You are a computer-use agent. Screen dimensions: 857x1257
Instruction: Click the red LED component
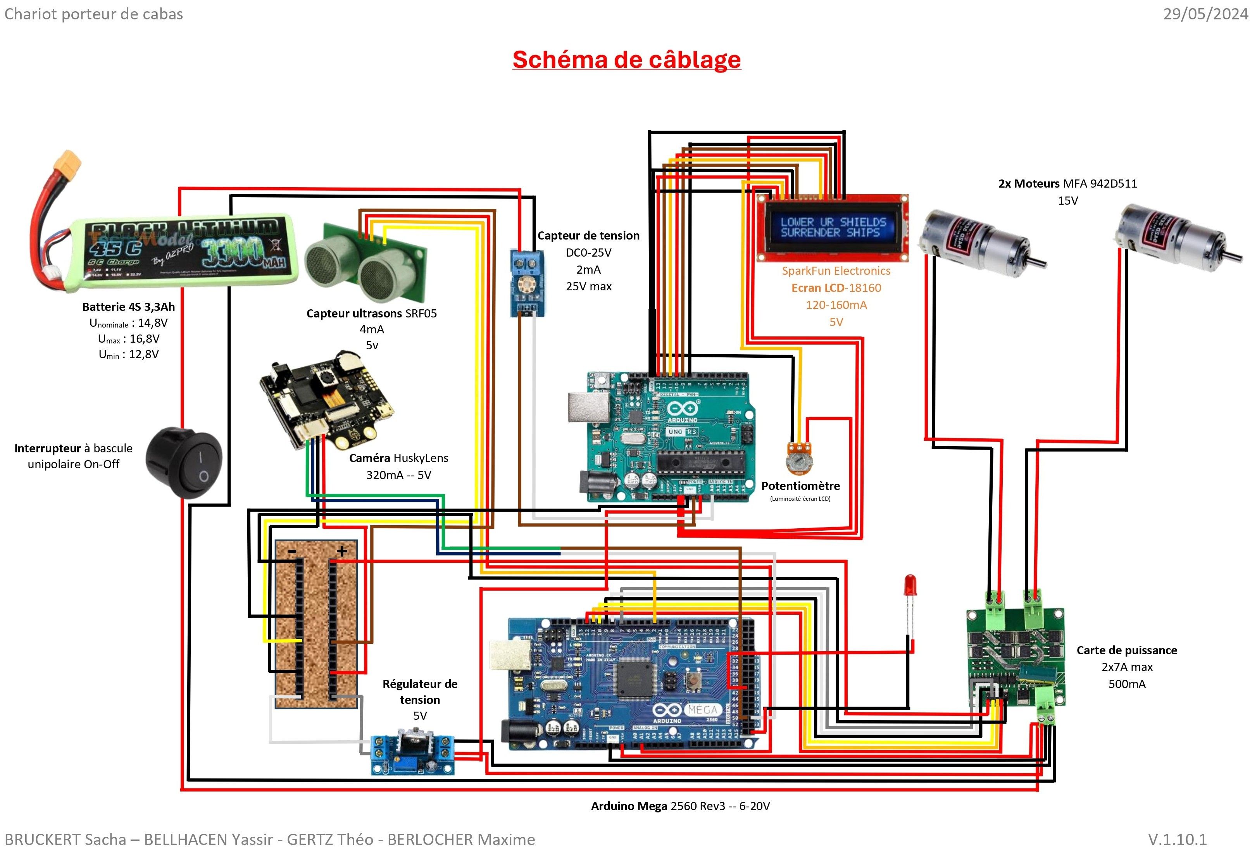point(910,585)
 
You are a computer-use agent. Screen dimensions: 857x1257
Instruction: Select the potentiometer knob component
point(799,457)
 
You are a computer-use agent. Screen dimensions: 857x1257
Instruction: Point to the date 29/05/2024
point(1205,14)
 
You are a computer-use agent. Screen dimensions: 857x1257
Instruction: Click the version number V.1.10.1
point(1177,839)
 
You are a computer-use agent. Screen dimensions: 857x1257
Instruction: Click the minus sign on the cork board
point(292,551)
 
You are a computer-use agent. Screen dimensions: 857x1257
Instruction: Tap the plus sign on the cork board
point(342,551)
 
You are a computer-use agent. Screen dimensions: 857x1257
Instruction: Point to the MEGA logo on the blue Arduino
point(703,709)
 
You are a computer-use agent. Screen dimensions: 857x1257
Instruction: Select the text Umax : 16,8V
point(129,339)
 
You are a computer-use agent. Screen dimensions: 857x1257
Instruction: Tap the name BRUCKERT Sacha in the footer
point(65,839)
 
